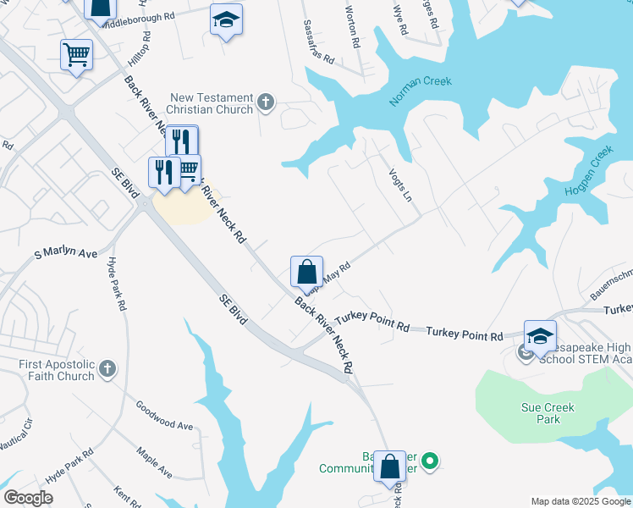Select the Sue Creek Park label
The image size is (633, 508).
point(548,413)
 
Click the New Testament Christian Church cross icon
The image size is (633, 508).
point(266,103)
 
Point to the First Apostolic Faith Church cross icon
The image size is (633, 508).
point(107,369)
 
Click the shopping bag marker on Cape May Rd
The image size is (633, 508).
point(306,273)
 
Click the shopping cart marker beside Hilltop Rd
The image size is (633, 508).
point(76,56)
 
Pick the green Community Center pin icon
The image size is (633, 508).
point(430,461)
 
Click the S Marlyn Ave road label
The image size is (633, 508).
point(64,253)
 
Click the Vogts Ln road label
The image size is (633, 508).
point(400,182)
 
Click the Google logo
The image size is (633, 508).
point(29,498)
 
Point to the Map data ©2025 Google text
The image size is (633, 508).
point(580,501)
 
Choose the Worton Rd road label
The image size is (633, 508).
point(353,26)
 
